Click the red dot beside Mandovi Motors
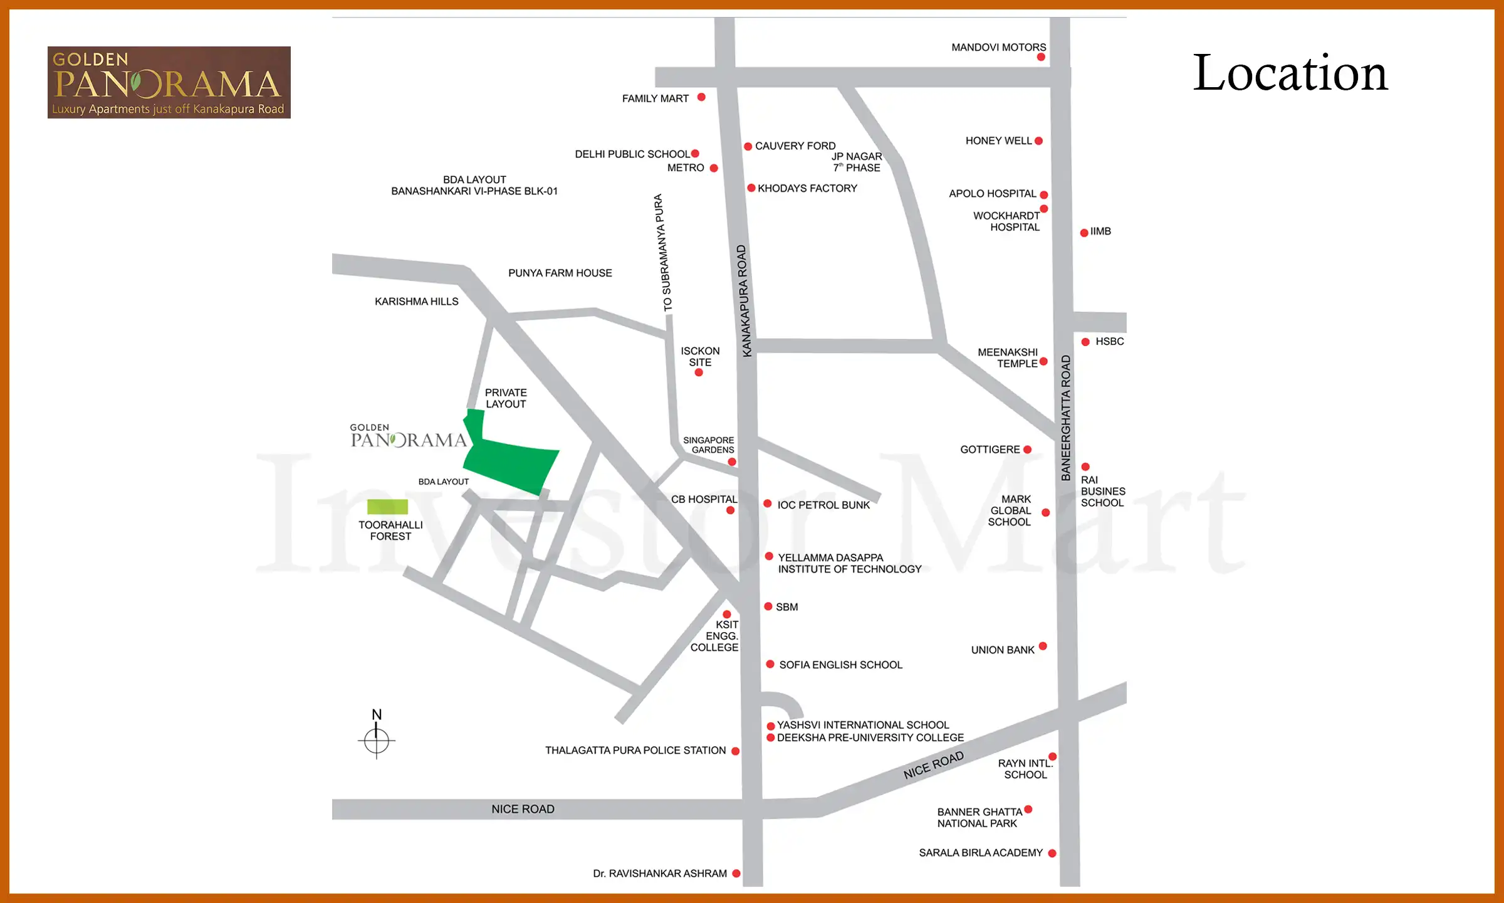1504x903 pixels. pyautogui.click(x=1041, y=57)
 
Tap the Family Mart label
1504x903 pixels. pyautogui.click(x=655, y=98)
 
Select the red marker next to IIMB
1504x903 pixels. pyautogui.click(x=1084, y=233)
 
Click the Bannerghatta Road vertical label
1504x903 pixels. pyautogui.click(x=1065, y=418)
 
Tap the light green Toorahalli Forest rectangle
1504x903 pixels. pyautogui.click(x=387, y=507)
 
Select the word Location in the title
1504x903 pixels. pyautogui.click(x=1290, y=73)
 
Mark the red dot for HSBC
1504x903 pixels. pyautogui.click(x=1085, y=342)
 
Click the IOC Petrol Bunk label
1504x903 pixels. pyautogui.click(x=823, y=505)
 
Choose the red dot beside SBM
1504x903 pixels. pyautogui.click(x=768, y=606)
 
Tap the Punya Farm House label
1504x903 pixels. pyautogui.click(x=560, y=273)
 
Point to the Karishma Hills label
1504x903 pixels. pyautogui.click(x=416, y=302)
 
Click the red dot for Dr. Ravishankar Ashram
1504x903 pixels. pyautogui.click(x=736, y=874)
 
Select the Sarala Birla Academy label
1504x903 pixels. pyautogui.click(x=981, y=853)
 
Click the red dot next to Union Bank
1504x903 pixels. pyautogui.click(x=1043, y=646)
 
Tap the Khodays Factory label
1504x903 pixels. pyautogui.click(x=807, y=188)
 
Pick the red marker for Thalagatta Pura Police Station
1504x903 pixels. pyautogui.click(x=736, y=751)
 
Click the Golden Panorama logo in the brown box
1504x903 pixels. pyautogui.click(x=169, y=82)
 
